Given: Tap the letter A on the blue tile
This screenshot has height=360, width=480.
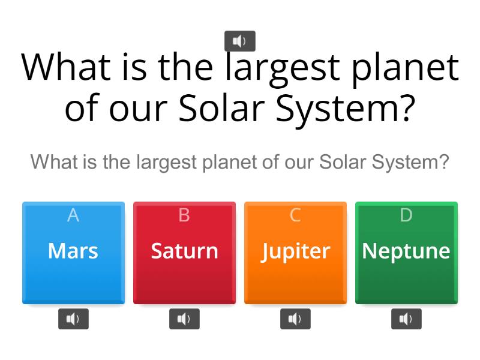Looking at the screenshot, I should pos(73,215).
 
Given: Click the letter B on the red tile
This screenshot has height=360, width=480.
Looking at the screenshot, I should pos(184,215).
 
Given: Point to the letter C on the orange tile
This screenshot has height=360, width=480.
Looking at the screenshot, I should pos(295,215).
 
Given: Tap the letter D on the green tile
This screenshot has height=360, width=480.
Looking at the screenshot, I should pos(406,215).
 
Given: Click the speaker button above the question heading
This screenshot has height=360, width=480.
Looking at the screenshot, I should pos(240,41).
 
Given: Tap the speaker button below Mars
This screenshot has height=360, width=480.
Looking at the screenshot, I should pos(73,319).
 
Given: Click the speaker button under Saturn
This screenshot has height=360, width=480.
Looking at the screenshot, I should pos(184,319).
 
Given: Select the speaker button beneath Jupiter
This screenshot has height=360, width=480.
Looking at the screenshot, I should pos(295,319).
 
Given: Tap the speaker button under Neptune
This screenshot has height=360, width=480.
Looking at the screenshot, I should pos(406,319).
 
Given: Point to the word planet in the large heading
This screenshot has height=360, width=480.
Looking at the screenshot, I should pos(409,67).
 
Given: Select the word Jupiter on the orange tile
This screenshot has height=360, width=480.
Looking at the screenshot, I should pos(295,251).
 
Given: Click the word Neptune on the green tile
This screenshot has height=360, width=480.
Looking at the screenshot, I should pos(406,251).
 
